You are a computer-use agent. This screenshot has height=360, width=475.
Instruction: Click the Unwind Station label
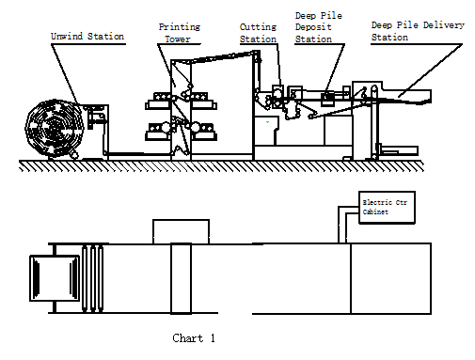point(87,37)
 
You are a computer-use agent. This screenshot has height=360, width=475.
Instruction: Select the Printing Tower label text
point(180,33)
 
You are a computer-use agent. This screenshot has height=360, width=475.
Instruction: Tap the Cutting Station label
point(258,33)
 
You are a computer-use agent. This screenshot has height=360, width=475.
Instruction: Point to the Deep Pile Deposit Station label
point(318,27)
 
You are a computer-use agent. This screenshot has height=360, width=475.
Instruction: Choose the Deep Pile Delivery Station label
point(418,31)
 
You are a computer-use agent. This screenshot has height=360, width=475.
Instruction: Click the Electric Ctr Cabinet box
point(387,208)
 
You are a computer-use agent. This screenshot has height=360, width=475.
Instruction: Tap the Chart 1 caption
point(194,338)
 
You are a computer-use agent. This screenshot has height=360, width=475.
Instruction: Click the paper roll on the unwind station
point(54,128)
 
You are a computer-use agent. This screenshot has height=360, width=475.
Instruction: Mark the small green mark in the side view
point(267,122)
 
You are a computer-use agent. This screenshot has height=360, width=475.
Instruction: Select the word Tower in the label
point(178,39)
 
